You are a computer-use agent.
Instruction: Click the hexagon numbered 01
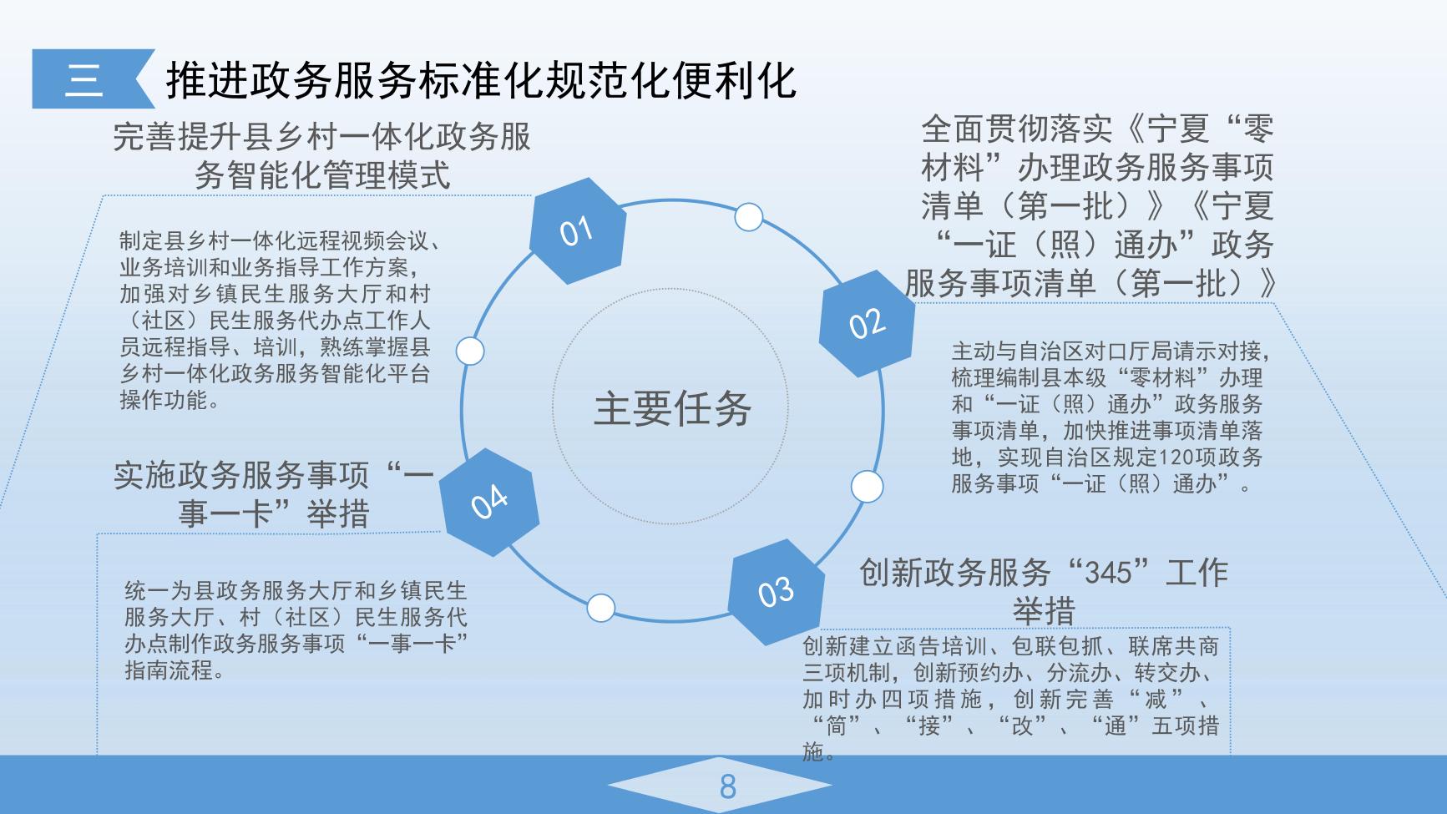coord(578,230)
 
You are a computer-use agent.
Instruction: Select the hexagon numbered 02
coord(867,323)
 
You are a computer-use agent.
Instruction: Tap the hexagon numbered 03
coord(776,592)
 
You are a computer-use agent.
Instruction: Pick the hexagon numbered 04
coord(489,502)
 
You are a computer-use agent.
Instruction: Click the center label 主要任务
coord(673,408)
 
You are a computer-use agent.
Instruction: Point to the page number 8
coord(727,786)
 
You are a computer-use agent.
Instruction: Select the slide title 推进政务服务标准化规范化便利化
coord(481,80)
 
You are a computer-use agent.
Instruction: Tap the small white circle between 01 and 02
coord(749,216)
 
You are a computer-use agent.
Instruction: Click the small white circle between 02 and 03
coord(867,487)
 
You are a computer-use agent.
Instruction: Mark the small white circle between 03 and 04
coord(601,608)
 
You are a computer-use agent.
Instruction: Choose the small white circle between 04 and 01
coord(470,351)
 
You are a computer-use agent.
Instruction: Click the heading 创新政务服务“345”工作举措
coord(1044,591)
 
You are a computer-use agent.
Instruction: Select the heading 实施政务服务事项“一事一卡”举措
coord(274,494)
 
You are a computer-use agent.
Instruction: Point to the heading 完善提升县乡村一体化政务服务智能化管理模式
coord(322,156)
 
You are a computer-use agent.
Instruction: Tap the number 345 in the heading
coord(1107,573)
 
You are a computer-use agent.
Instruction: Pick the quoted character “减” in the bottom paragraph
coord(1155,699)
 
